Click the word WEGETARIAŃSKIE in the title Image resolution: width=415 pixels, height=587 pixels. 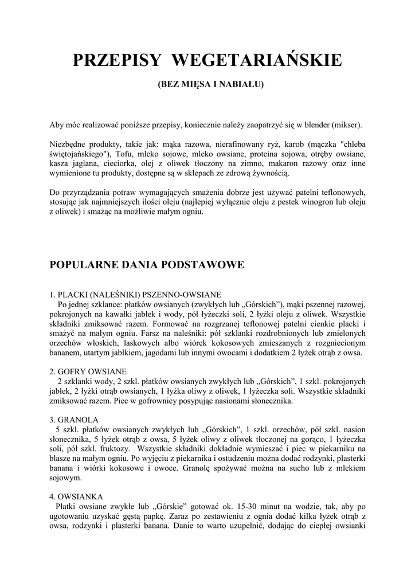[x=257, y=60]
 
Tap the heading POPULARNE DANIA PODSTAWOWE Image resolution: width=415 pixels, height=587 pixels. [x=147, y=265]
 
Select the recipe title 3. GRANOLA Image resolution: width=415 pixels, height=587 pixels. [x=75, y=419]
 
